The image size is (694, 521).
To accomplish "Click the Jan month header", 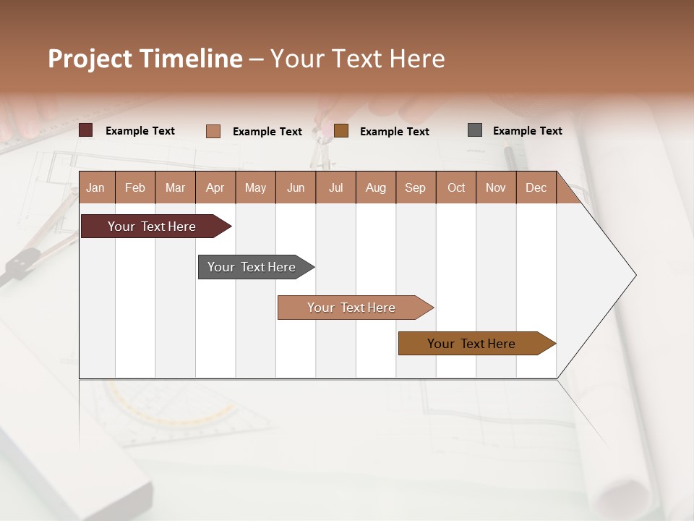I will click(95, 187).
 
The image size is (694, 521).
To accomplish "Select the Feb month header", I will click(135, 187).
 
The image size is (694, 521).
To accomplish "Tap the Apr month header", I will click(215, 187).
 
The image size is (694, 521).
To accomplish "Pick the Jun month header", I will click(296, 187).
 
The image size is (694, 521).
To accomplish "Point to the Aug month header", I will click(375, 187).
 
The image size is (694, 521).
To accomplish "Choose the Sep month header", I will click(415, 187).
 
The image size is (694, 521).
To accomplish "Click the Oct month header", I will click(456, 187).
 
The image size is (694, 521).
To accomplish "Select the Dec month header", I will click(536, 187).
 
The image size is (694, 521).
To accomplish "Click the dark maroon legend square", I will click(86, 130).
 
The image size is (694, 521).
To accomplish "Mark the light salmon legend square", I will click(213, 131).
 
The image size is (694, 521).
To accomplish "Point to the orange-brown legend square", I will click(341, 130).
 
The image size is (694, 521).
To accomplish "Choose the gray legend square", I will click(475, 130).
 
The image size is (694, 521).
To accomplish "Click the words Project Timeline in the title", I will click(145, 59).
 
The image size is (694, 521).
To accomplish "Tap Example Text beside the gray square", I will click(527, 131).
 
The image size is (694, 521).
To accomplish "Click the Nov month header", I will click(495, 187).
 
